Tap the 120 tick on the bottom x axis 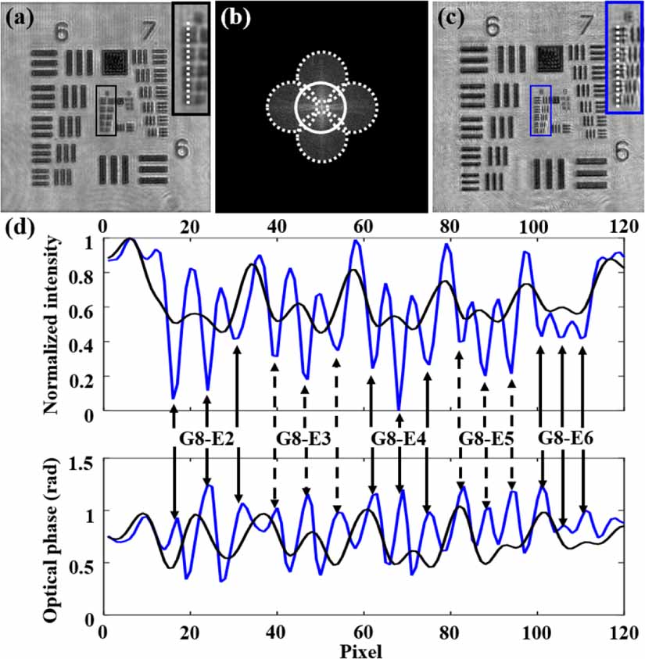(x=623, y=636)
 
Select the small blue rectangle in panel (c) (x=540, y=111)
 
